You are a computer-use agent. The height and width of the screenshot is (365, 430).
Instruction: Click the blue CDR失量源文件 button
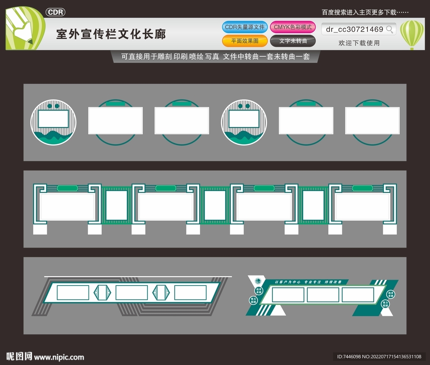245,27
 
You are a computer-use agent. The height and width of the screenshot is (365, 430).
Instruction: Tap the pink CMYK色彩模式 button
293,27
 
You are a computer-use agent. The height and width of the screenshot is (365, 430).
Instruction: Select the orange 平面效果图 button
245,41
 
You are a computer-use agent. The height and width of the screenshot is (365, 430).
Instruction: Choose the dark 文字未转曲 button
293,41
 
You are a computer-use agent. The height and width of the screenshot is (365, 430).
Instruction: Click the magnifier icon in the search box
390,29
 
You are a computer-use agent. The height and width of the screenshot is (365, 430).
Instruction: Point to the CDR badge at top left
55,12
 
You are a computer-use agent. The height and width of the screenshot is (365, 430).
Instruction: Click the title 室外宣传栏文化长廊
111,34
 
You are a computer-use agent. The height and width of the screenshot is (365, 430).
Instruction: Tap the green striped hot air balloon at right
412,34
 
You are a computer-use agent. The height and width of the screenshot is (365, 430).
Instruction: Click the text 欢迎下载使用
359,43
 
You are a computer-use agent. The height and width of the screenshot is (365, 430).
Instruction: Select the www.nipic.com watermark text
59,357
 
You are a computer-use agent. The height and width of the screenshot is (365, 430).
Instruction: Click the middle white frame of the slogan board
322,295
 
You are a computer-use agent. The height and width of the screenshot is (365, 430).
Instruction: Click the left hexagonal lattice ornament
102,293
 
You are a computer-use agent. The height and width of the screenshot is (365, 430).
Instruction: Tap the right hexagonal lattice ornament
161,293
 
